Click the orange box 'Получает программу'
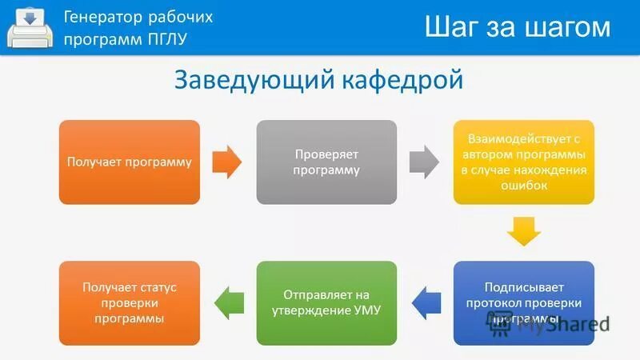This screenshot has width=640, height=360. [x=130, y=162]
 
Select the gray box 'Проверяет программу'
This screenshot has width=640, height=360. [x=326, y=162]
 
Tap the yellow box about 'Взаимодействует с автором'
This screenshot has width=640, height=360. [x=524, y=162]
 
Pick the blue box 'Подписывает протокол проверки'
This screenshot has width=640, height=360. [x=524, y=302]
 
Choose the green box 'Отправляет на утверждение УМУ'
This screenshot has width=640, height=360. [x=326, y=302]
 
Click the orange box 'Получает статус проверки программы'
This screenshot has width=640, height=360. [x=130, y=302]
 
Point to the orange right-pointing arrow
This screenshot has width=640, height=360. [x=228, y=162]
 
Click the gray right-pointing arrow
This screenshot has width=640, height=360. [x=424, y=162]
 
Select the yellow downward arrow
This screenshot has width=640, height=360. [x=524, y=232]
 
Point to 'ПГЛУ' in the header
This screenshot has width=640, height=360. [x=167, y=39]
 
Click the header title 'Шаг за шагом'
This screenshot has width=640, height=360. [x=517, y=27]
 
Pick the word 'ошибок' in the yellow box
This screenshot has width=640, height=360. [x=523, y=186]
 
